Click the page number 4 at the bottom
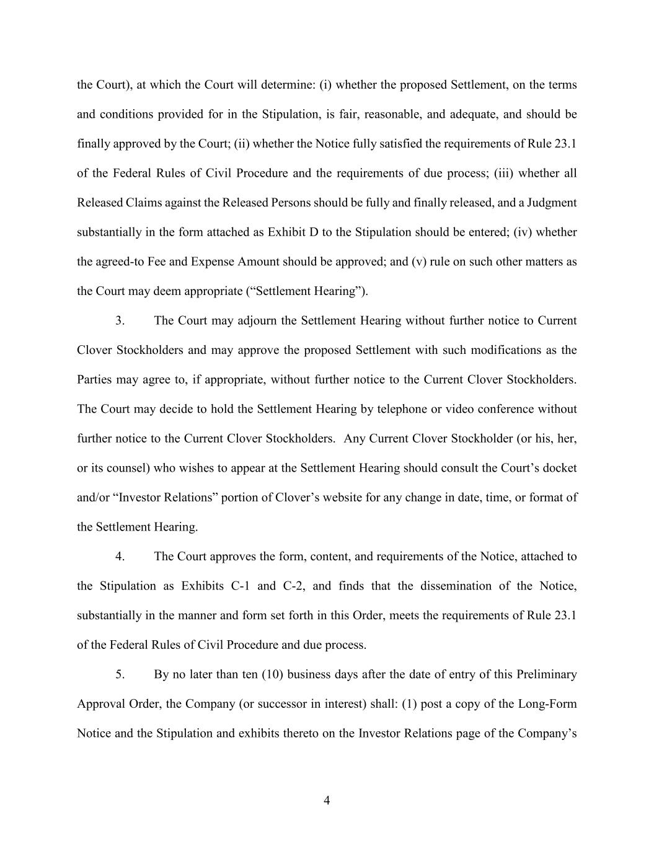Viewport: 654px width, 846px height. click(x=327, y=800)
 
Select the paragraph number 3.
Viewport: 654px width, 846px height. click(x=120, y=321)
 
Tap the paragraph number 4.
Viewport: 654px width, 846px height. click(x=120, y=557)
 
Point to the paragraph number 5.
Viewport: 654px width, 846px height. click(x=120, y=674)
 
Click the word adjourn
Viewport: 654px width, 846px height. click(x=254, y=321)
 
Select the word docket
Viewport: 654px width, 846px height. click(x=560, y=468)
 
